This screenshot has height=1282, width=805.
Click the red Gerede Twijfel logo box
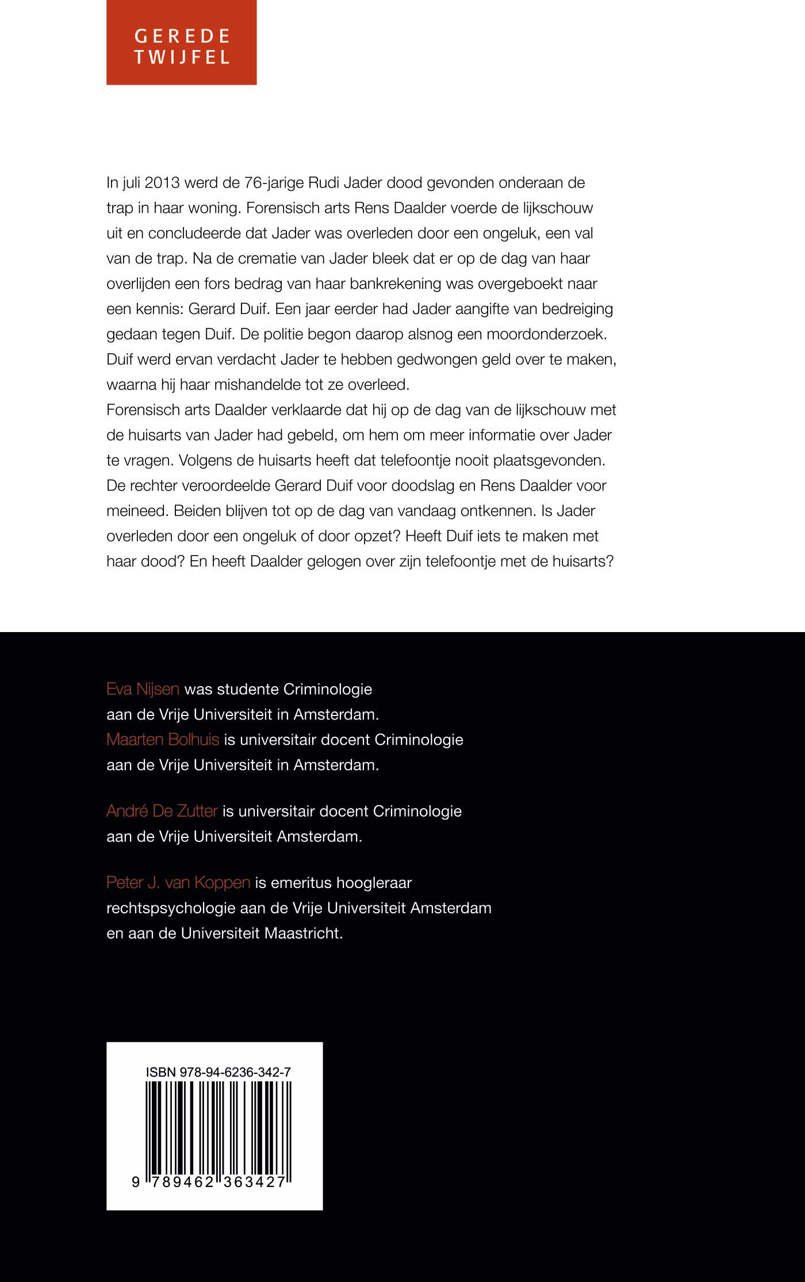(181, 43)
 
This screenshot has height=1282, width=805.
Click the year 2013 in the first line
(162, 183)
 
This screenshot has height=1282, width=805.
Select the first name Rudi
(325, 183)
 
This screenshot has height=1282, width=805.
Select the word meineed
(136, 511)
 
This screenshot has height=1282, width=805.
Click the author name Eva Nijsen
(143, 689)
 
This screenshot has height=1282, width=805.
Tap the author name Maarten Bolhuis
(163, 740)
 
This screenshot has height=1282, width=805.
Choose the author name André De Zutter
(162, 811)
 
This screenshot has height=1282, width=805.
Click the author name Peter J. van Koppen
(178, 882)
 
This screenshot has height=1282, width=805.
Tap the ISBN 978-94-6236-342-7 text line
(218, 1072)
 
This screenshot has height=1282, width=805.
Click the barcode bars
(218, 1127)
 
